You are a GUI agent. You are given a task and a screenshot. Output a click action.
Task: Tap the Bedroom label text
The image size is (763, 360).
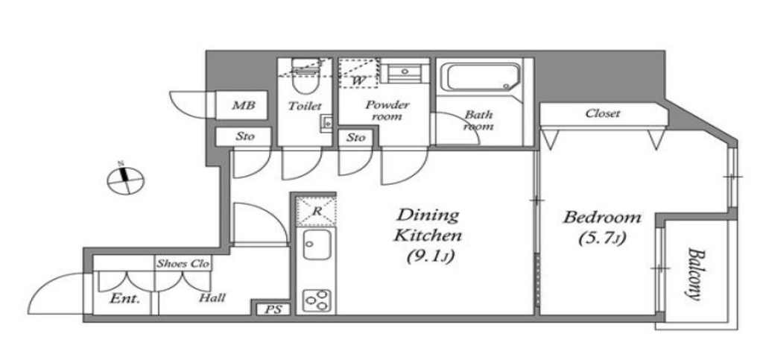coord(602,218)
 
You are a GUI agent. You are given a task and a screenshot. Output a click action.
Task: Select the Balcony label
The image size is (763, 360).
coord(697,274)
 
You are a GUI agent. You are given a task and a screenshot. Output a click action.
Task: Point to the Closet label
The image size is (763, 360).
coord(603,113)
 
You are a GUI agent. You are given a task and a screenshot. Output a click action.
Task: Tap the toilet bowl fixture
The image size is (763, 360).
coord(304,77)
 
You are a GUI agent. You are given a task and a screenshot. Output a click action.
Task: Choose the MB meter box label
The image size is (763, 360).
coord(243,105)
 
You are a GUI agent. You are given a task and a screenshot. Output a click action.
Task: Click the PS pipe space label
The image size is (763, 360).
coord(273,309)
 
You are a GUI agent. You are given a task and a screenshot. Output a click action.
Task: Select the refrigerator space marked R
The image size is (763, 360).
coord(316,211)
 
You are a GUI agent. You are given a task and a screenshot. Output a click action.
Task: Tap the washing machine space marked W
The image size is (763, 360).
coord(358,74)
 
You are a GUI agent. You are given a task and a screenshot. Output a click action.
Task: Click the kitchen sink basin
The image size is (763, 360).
coord(317,244)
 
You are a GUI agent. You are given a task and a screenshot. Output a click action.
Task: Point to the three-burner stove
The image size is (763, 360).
coord(317,300)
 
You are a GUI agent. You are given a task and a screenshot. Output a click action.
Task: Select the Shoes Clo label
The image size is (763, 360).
coord(183,264)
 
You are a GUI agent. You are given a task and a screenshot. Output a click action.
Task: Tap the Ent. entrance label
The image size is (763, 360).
coord(124,298)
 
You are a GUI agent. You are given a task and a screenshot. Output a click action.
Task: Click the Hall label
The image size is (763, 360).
coord(212,297)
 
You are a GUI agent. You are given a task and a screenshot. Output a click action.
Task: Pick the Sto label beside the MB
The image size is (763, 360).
coord(244,136)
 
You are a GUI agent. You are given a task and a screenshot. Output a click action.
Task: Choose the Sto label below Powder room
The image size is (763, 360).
coord(355,138)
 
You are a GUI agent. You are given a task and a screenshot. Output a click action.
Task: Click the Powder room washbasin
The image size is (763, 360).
coord(405,72)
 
